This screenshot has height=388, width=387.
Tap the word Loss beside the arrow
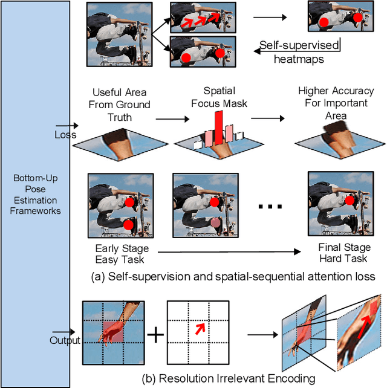[x=65, y=135]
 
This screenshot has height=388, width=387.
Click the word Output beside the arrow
[x=65, y=340]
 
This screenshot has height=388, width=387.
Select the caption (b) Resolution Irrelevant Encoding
[x=228, y=379]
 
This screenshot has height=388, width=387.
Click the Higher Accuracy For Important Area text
[x=336, y=103]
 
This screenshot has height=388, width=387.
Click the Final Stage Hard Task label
[x=343, y=253]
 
